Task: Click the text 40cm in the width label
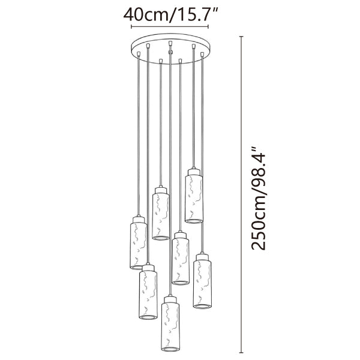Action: pos(146,14)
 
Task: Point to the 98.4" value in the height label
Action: pos(259,167)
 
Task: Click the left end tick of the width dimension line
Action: pos(131,26)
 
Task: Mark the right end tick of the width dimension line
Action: pos(208,26)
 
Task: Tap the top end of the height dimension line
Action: pos(241,37)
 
